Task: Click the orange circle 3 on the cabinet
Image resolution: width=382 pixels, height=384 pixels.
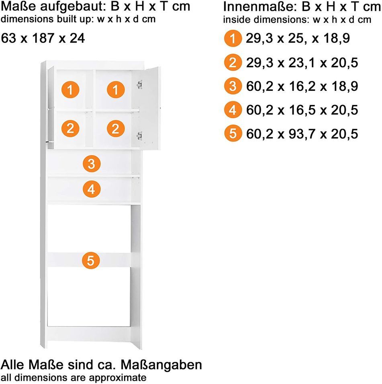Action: pyautogui.click(x=92, y=164)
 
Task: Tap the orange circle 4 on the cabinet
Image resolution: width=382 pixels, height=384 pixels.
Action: pyautogui.click(x=92, y=189)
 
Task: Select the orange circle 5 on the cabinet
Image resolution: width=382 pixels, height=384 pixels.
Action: pyautogui.click(x=91, y=260)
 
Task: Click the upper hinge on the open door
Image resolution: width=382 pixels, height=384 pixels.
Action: pyautogui.click(x=139, y=85)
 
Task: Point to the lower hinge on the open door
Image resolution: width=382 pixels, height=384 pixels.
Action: pyautogui.click(x=139, y=136)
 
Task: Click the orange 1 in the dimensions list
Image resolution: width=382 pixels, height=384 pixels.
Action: pyautogui.click(x=233, y=38)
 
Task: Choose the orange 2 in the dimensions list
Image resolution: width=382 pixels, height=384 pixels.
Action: pyautogui.click(x=233, y=62)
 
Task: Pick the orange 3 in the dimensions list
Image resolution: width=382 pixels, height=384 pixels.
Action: pyautogui.click(x=233, y=86)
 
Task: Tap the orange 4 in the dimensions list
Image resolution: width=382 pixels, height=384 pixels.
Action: pyautogui.click(x=233, y=110)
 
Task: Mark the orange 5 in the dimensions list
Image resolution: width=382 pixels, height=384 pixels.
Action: pyautogui.click(x=233, y=133)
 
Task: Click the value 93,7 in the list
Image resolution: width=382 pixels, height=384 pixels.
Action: pyautogui.click(x=302, y=134)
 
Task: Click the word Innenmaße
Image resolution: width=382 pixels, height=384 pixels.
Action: pyautogui.click(x=260, y=7)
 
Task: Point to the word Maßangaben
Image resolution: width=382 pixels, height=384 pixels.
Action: pyautogui.click(x=161, y=365)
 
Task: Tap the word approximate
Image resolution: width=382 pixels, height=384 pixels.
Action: pyautogui.click(x=118, y=378)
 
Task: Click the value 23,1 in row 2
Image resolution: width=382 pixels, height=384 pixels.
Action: pyautogui.click(x=302, y=63)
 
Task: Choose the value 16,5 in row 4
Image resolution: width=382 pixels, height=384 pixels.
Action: pyautogui.click(x=302, y=110)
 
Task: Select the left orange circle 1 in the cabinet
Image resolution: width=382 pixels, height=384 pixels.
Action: pyautogui.click(x=70, y=90)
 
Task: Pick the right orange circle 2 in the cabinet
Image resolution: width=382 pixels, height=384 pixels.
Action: pyautogui.click(x=116, y=128)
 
